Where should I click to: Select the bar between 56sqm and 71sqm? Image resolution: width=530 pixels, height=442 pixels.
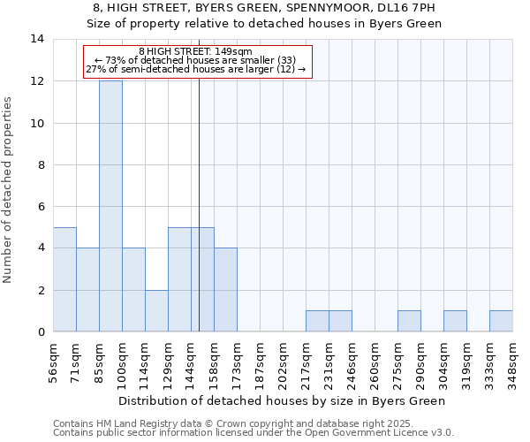pos(64,279)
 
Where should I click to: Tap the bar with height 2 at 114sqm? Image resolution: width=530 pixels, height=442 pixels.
pos(156,310)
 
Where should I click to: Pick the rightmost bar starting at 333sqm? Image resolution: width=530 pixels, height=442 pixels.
pos(501,321)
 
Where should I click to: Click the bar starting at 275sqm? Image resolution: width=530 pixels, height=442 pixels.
pos(409,321)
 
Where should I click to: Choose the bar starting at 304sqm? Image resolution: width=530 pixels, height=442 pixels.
pos(455,321)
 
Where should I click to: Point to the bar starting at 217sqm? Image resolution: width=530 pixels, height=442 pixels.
pos(317,321)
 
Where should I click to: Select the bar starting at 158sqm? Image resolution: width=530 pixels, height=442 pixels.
pos(225,290)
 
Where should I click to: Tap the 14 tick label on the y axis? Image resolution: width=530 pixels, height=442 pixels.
pos(39,39)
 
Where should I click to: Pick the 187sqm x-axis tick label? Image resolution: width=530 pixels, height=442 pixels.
pos(261,363)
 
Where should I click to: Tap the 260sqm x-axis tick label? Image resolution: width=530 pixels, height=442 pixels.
pos(375,363)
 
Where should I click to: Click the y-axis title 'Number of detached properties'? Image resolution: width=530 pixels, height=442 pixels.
pos(10,190)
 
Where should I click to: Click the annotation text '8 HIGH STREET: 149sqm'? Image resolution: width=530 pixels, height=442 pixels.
pos(196,52)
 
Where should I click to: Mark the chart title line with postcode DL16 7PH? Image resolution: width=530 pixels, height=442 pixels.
pos(265,8)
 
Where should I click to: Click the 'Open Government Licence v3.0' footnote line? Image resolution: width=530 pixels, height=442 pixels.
pos(254,433)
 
